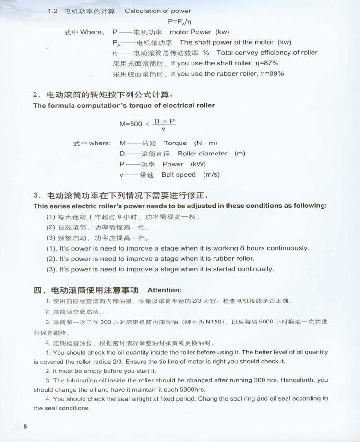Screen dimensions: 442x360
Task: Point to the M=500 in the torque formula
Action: (131, 124)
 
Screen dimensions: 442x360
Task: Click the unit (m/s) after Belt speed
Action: (211, 175)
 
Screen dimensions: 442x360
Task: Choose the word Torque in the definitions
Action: (175, 143)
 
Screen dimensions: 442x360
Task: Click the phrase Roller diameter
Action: (202, 154)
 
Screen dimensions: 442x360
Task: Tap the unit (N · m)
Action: (205, 143)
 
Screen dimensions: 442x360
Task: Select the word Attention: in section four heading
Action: (165, 290)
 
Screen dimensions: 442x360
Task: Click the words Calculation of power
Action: (157, 11)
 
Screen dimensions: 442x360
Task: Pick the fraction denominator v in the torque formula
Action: (164, 129)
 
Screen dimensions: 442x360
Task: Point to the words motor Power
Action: (191, 32)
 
